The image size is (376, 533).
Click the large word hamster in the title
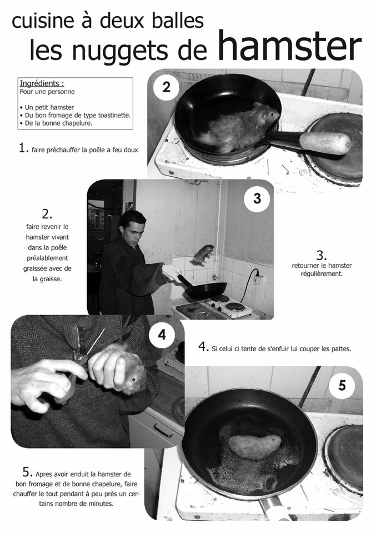pos(289,46)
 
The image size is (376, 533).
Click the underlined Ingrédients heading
pos(42,83)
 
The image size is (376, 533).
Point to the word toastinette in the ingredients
pos(113,115)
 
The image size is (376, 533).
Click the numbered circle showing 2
pos(166,87)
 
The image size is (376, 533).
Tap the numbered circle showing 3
pos(257,198)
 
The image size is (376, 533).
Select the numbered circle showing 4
pos(162,335)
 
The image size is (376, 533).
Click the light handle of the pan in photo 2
pos(325,143)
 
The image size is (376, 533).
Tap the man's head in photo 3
pos(134,227)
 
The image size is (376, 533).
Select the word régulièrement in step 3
pos(322,273)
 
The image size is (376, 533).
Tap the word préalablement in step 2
pos(47,258)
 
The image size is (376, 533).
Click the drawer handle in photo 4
pos(163,430)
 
